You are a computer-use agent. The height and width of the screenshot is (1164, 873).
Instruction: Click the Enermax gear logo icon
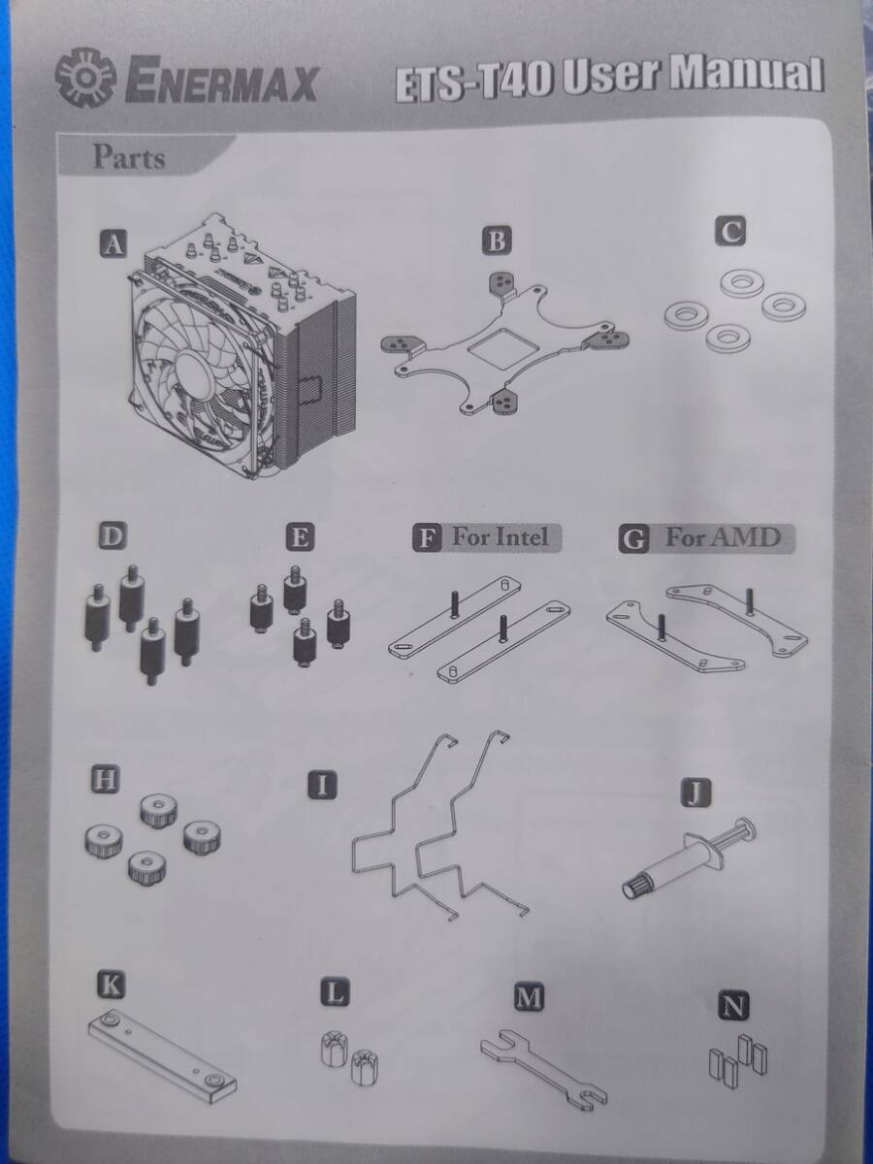(x=86, y=78)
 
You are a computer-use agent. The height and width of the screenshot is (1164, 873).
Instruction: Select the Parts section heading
(x=129, y=157)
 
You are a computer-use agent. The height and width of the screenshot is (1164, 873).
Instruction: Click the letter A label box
(x=113, y=243)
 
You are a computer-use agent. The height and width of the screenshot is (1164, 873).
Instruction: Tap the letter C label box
(x=729, y=231)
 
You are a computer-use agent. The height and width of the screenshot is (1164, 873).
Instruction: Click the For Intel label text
(x=500, y=537)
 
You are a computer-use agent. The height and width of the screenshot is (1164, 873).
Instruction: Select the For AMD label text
(x=723, y=537)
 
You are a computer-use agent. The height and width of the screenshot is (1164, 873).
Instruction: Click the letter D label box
(x=113, y=535)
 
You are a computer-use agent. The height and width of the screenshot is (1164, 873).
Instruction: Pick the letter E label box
(x=300, y=536)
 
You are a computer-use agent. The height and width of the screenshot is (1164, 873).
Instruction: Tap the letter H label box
(x=105, y=779)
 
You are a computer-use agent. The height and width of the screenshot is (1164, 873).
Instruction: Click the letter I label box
(x=322, y=786)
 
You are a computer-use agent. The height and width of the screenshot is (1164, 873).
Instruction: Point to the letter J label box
(x=695, y=792)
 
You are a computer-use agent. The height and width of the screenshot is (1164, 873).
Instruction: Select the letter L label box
(x=335, y=992)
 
